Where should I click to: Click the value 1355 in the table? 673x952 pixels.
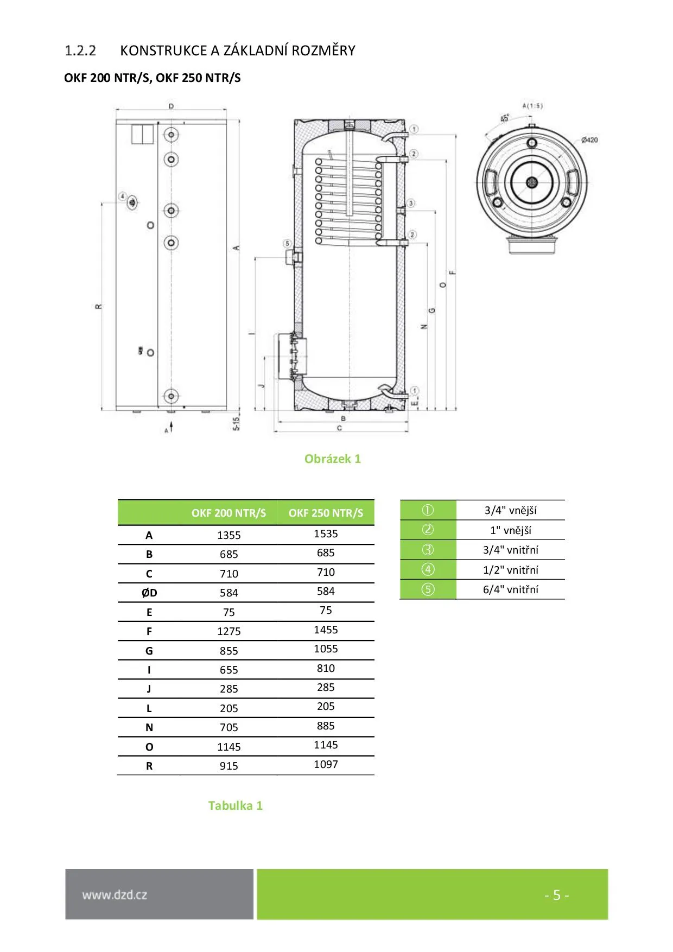point(228,535)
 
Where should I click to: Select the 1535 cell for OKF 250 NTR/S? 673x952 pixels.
point(326,534)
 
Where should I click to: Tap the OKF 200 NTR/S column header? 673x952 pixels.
point(228,513)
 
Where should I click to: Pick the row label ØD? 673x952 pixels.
point(149,593)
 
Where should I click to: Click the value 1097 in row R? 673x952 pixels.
point(326,764)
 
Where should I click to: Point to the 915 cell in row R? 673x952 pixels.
point(228,766)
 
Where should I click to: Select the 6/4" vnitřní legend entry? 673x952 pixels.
point(510,589)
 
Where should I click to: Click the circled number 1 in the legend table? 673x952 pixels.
point(428,510)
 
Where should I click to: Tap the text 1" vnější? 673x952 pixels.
point(510,530)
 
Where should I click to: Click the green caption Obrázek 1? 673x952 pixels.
point(332,459)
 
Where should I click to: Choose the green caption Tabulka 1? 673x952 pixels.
point(235,805)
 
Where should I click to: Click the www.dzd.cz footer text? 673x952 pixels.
point(115,895)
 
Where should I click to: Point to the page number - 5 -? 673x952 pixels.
point(556,895)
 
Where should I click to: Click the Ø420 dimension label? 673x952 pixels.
point(589,140)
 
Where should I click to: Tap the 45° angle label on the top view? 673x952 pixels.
point(505,118)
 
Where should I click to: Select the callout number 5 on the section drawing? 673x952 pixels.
point(287,244)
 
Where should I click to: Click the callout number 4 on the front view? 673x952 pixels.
point(123,196)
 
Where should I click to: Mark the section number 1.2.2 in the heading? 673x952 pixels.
point(80,50)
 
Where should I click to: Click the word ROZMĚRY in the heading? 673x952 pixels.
point(323,50)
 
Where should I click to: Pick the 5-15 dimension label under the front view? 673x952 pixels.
point(237,423)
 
